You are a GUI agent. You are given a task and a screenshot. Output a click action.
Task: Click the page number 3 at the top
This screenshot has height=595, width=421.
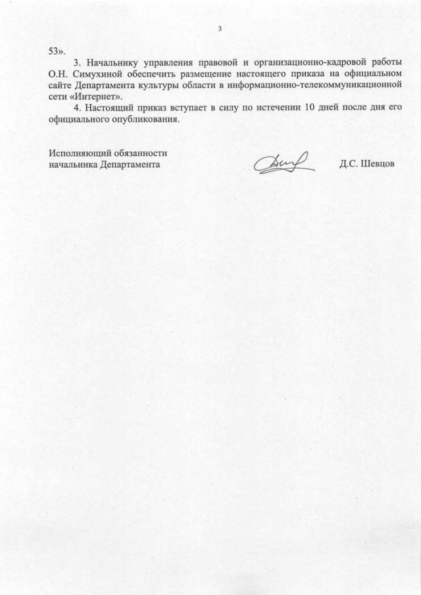(x=220, y=28)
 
